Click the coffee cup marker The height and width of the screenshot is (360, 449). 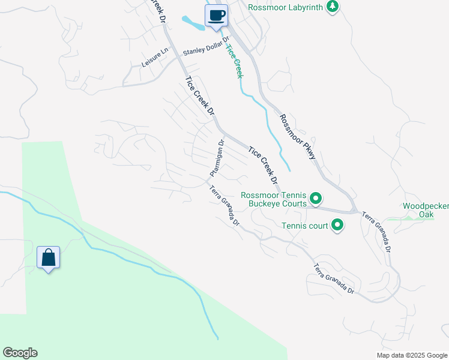217,16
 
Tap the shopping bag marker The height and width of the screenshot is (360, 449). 48,258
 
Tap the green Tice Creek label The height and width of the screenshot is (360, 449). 235,59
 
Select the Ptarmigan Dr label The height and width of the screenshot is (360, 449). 217,158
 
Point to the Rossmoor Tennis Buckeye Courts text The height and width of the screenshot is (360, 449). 274,199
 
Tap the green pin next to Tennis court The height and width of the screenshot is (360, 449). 337,226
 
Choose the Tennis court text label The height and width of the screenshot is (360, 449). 305,226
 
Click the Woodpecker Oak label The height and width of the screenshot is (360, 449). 426,210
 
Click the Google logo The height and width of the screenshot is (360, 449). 20,353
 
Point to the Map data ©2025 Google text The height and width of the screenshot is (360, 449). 411,355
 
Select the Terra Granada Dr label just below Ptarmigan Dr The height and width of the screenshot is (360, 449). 224,206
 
